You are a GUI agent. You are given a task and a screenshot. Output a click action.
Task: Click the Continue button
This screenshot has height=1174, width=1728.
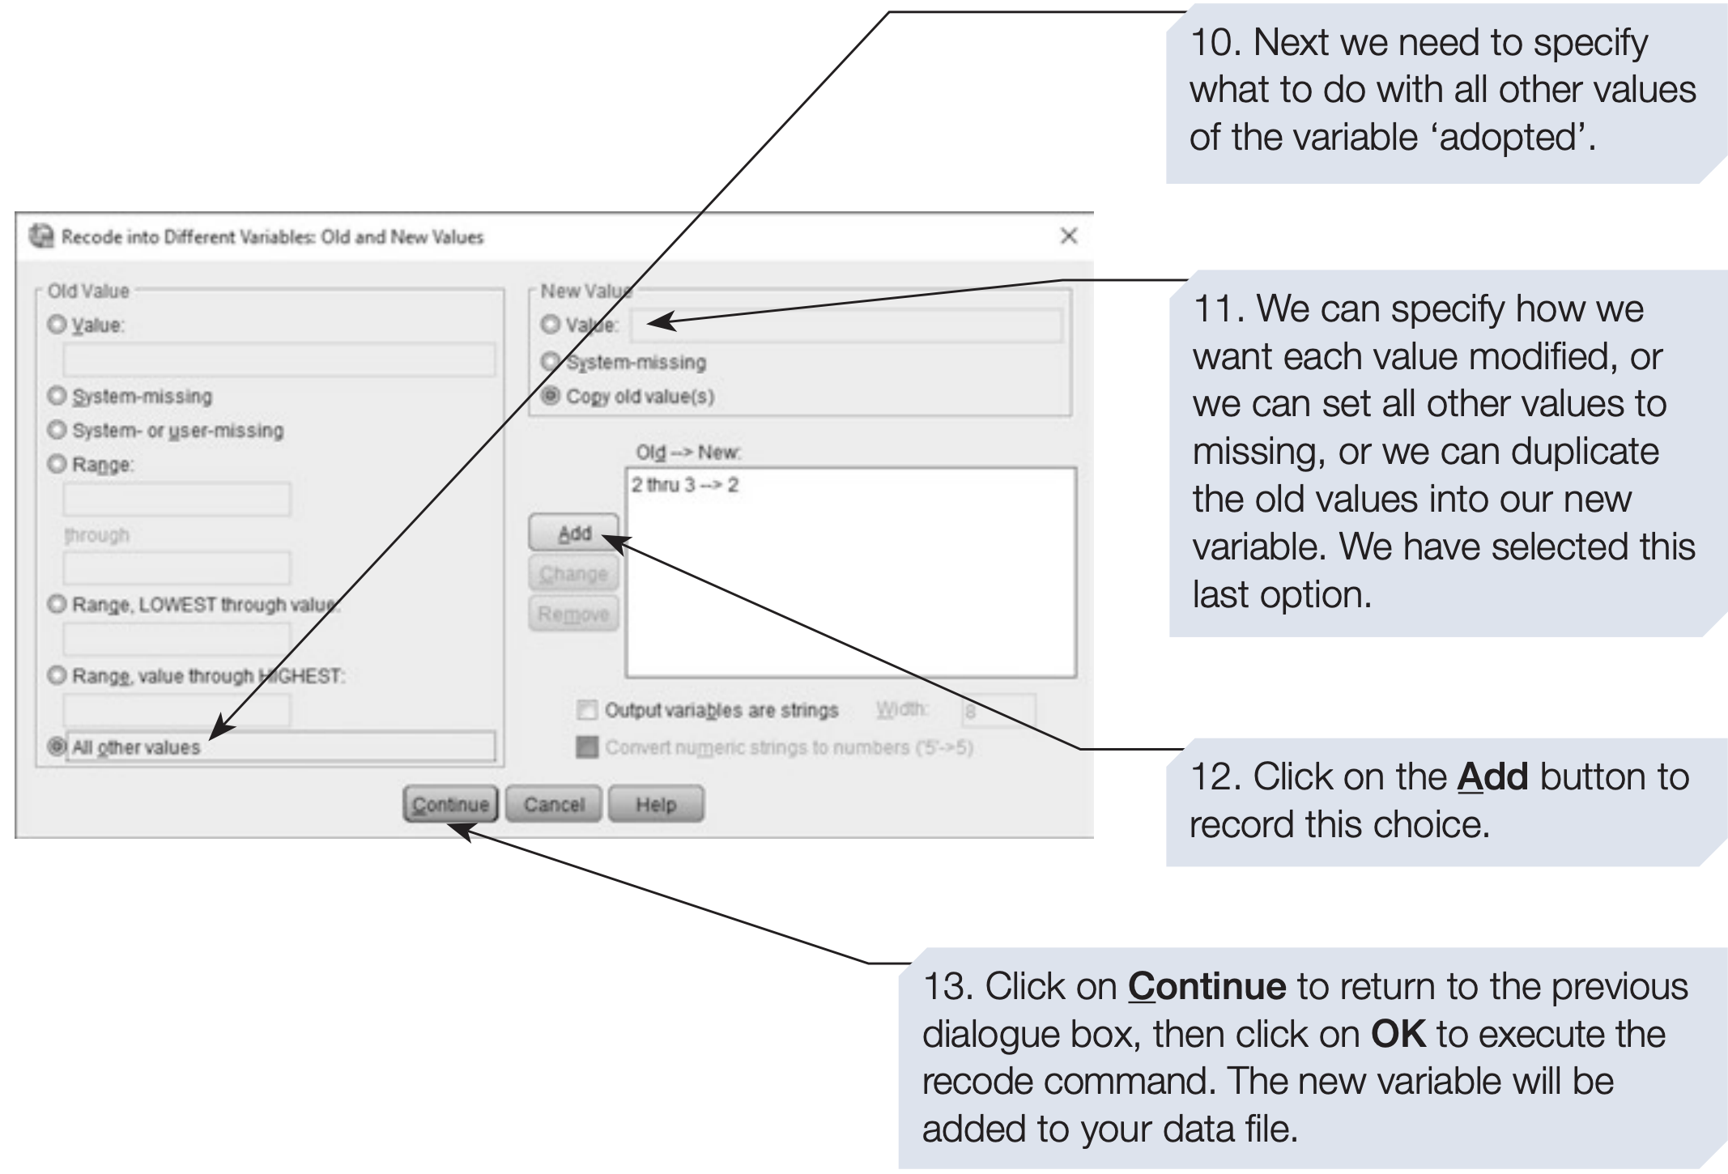tap(450, 804)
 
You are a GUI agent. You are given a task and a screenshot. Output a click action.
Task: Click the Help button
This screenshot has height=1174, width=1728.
tap(655, 804)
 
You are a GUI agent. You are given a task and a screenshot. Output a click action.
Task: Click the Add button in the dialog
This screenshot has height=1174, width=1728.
tap(573, 534)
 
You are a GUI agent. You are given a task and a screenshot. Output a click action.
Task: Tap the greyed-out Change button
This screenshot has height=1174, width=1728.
tap(573, 574)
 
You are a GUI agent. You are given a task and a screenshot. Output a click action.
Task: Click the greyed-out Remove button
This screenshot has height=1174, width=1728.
tap(573, 614)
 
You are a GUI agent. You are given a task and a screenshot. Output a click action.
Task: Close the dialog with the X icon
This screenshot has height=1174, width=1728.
tap(1068, 236)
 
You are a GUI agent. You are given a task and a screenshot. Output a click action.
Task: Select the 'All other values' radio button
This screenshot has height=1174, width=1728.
tap(57, 746)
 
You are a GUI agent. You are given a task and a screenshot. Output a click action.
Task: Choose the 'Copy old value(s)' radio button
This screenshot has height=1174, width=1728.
tap(551, 396)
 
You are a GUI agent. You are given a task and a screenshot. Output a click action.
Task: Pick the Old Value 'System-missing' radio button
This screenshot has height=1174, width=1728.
tap(57, 396)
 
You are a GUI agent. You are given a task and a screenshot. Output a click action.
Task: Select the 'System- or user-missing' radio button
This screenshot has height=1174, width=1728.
tap(57, 429)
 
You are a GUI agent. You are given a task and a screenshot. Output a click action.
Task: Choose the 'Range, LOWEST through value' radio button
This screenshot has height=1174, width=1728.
tap(57, 604)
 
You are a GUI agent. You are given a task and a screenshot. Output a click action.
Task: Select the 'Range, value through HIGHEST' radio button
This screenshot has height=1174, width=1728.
tap(57, 675)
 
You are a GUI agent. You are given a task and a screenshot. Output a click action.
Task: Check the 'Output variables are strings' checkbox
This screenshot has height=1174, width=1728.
tap(586, 710)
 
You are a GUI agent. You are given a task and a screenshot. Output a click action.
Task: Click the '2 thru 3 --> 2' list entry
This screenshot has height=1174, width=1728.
tap(685, 485)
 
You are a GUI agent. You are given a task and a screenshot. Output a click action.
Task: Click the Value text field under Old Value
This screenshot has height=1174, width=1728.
tap(279, 359)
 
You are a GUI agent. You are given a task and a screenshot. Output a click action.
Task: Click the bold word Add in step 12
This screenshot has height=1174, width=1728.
tap(1492, 776)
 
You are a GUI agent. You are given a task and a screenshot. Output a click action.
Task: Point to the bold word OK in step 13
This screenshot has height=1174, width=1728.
tap(1398, 1034)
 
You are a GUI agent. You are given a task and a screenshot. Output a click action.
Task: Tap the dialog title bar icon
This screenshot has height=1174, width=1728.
tap(40, 236)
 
